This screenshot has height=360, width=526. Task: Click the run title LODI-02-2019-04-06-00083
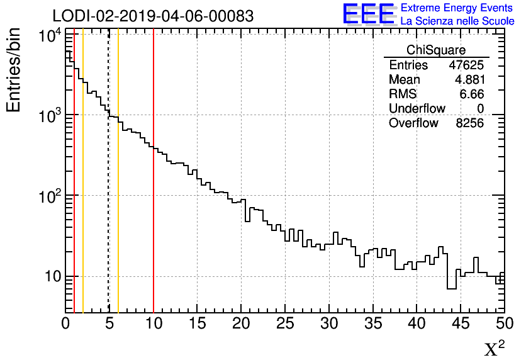pyautogui.click(x=153, y=16)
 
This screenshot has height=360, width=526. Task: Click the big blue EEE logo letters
pyautogui.click(x=368, y=14)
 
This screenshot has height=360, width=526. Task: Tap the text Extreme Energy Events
pyautogui.click(x=457, y=8)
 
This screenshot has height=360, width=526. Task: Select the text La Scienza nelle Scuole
pyautogui.click(x=457, y=21)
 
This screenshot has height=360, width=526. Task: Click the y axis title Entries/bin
pyautogui.click(x=13, y=70)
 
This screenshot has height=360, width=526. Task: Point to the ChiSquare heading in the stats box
pyautogui.click(x=436, y=50)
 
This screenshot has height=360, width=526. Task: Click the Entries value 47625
pyautogui.click(x=466, y=65)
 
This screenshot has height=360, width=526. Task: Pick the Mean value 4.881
pyautogui.click(x=469, y=80)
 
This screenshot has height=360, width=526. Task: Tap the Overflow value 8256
pyautogui.click(x=469, y=123)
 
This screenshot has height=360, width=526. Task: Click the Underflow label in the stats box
pyautogui.click(x=417, y=109)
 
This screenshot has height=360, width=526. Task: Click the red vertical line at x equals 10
pyautogui.click(x=154, y=189)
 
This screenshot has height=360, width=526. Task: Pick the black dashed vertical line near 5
pyautogui.click(x=109, y=189)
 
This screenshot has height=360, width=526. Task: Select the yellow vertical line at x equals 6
pyautogui.click(x=118, y=189)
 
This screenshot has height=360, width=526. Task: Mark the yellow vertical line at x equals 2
pyautogui.click(x=83, y=189)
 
